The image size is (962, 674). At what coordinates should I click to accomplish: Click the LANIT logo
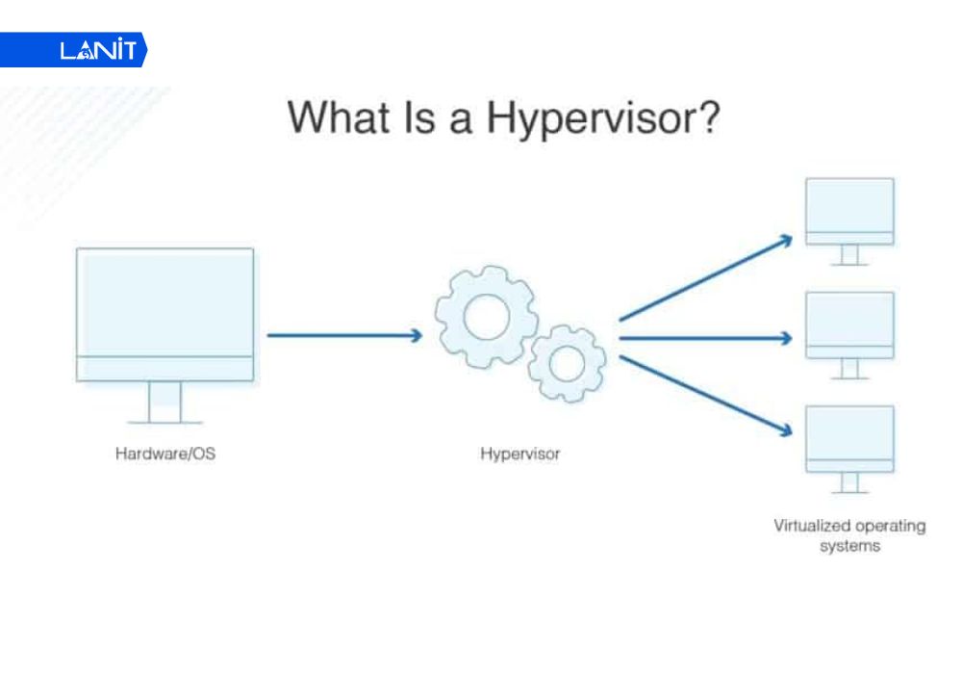(x=96, y=50)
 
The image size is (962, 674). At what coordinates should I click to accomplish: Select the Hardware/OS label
(x=165, y=453)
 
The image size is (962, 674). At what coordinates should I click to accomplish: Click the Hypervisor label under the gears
(x=519, y=453)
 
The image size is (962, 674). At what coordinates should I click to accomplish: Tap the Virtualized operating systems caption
(x=849, y=535)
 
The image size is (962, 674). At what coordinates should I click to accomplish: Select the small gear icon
(x=568, y=363)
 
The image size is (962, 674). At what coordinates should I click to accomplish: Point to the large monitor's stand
(x=165, y=402)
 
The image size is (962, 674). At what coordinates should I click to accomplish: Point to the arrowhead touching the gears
(x=416, y=335)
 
